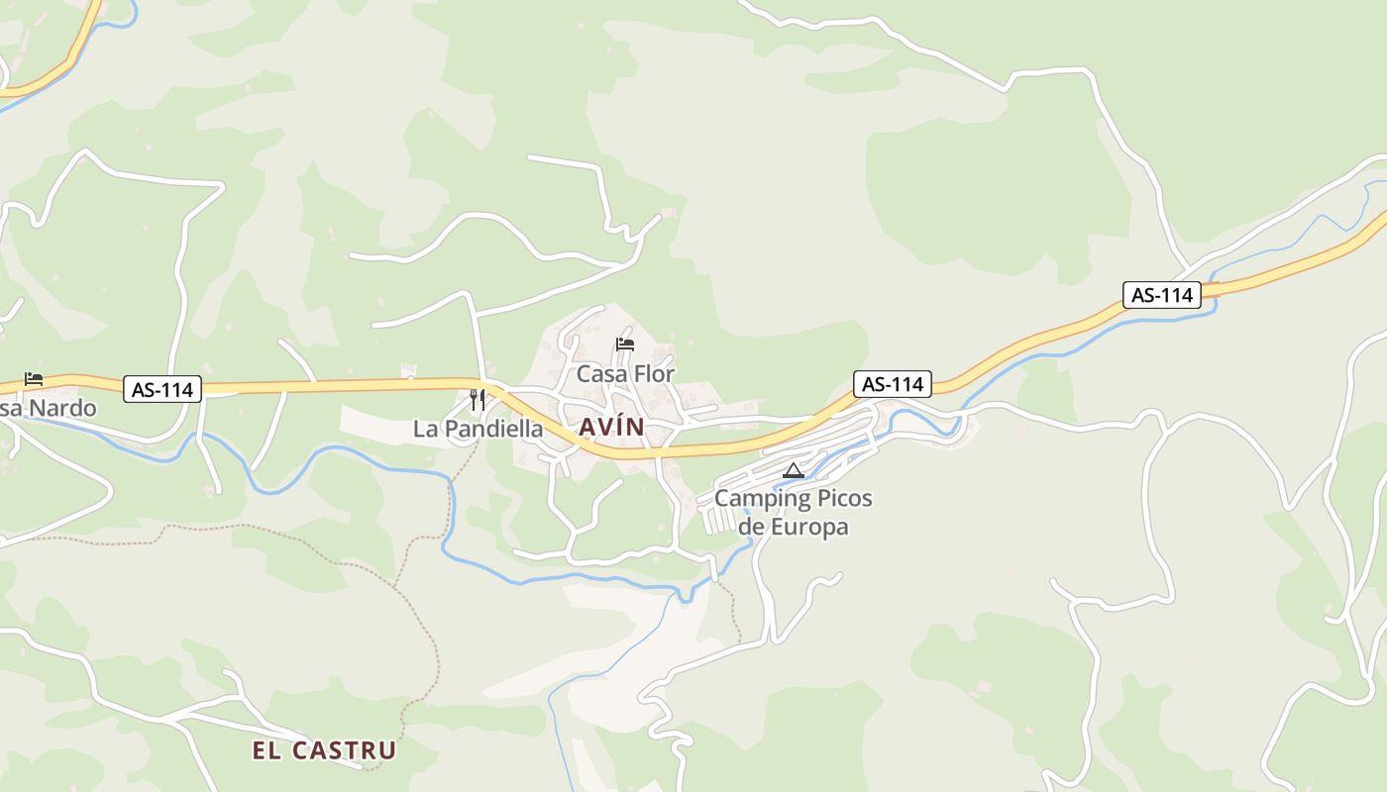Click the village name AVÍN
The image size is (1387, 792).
coord(610,428)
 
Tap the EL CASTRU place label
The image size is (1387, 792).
coord(323,750)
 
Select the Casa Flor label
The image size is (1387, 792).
coord(625,374)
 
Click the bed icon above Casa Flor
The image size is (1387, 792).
coord(625,345)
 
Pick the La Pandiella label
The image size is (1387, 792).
coord(478,429)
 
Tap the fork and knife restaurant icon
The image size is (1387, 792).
coord(478,400)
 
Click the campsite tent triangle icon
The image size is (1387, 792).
coord(793,470)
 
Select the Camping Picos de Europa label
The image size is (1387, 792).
coord(793,512)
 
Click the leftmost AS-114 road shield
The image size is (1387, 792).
coord(162,390)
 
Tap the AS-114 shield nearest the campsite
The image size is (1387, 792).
coord(893,384)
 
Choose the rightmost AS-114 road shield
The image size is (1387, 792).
coord(1161,295)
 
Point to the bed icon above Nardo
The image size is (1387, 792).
coord(34,379)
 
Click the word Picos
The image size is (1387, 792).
coord(839,498)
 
